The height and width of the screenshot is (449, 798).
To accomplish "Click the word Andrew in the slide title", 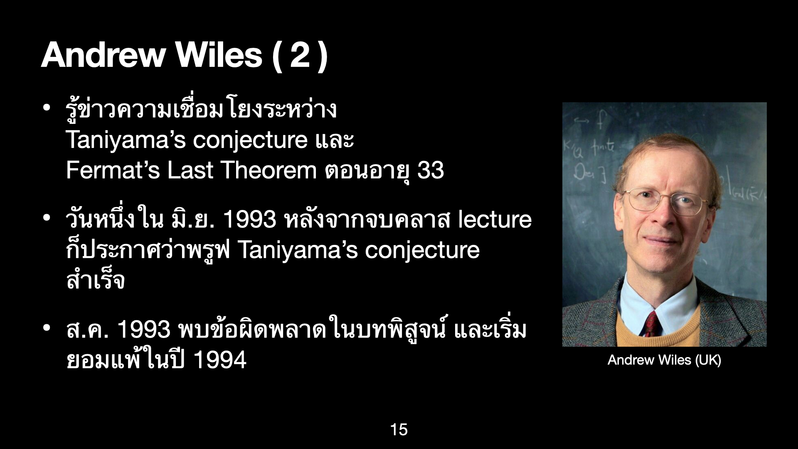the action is coord(103,55).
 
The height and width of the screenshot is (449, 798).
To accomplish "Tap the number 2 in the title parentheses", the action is coord(300,56).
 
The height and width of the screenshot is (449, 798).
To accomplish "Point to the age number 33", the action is coord(430,170).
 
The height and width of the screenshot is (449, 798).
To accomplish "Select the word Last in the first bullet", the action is coord(190,170).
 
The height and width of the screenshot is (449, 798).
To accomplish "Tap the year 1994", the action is coord(220,360).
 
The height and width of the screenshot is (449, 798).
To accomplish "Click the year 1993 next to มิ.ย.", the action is coord(250,220).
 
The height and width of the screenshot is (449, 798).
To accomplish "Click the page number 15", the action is coord(399,429).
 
